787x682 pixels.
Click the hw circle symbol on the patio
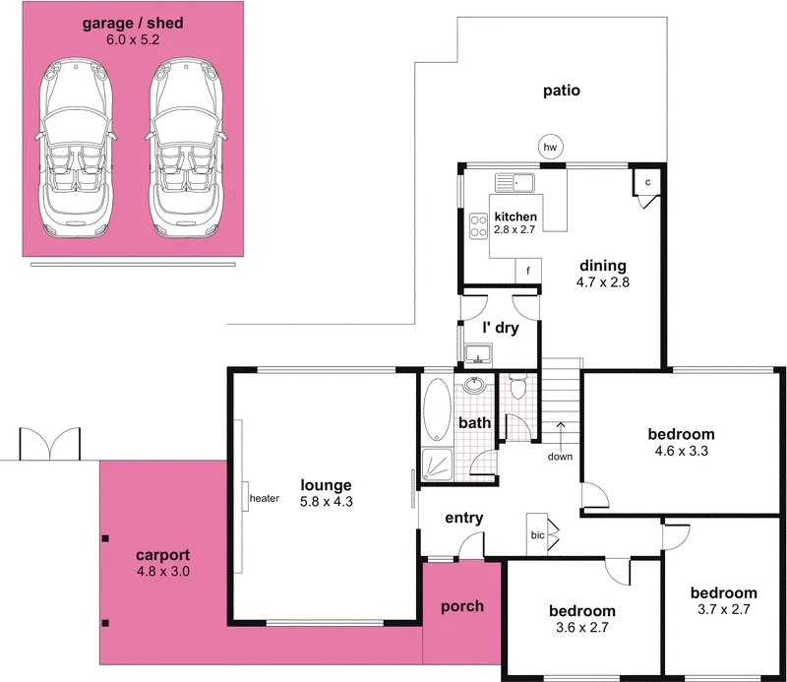551,148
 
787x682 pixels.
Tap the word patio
562,91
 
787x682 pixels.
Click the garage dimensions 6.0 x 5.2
134,40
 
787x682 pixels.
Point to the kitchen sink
514,181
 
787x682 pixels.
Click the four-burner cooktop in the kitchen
479,227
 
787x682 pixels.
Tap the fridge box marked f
528,271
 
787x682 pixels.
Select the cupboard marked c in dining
648,183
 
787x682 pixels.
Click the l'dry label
500,329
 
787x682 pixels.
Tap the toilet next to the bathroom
519,387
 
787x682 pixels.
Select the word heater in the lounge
266,498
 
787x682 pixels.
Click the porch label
461,606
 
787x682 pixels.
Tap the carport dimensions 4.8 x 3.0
162,571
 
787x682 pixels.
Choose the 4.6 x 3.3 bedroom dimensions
681,452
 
